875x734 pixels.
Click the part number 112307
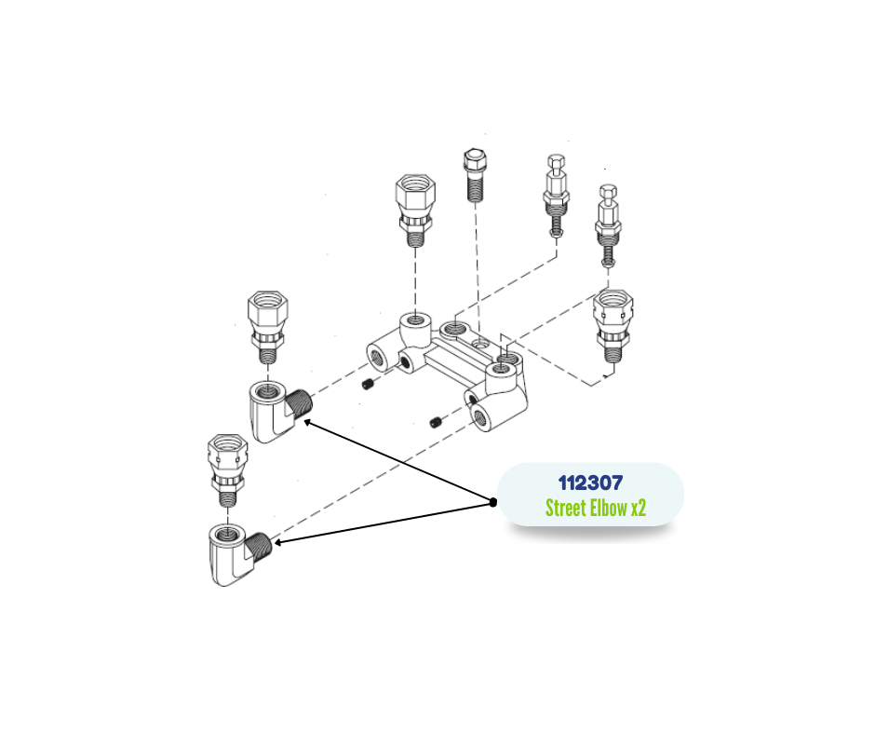[x=590, y=483]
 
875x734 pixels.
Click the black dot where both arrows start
[x=493, y=502]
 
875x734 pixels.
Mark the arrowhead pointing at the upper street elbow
[x=306, y=422]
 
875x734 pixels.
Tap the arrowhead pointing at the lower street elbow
[x=277, y=541]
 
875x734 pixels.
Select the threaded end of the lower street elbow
[x=262, y=543]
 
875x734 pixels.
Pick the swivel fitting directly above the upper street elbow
[x=268, y=327]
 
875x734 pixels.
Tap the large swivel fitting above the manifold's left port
[x=414, y=207]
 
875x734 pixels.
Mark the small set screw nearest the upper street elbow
[x=367, y=385]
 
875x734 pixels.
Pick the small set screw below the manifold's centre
[x=436, y=424]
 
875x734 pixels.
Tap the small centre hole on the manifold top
[x=479, y=344]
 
